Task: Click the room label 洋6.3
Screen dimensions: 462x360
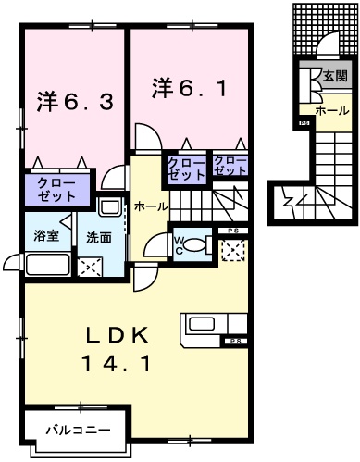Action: pyautogui.click(x=76, y=99)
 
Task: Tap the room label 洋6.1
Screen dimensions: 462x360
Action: pyautogui.click(x=188, y=88)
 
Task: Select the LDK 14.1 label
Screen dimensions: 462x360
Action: pyautogui.click(x=119, y=349)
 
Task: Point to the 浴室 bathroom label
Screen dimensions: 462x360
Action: pyautogui.click(x=45, y=236)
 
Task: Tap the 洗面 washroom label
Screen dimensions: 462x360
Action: pyautogui.click(x=99, y=238)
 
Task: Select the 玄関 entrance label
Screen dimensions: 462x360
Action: pyautogui.click(x=335, y=77)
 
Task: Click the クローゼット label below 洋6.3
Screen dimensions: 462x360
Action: pyautogui.click(x=57, y=190)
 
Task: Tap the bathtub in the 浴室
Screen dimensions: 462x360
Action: pyautogui.click(x=46, y=265)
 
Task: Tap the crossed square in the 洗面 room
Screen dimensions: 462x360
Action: pyautogui.click(x=92, y=268)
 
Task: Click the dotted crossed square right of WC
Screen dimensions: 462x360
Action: pyautogui.click(x=233, y=248)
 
